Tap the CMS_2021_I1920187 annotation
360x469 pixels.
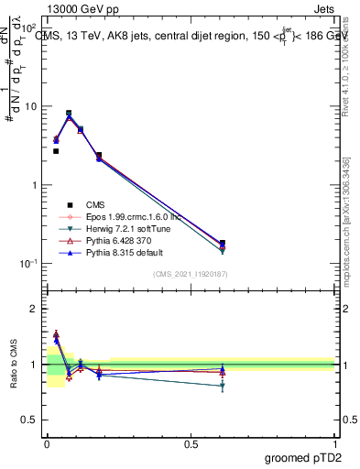coord(191,274)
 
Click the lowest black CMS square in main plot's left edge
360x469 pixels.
coord(56,151)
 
